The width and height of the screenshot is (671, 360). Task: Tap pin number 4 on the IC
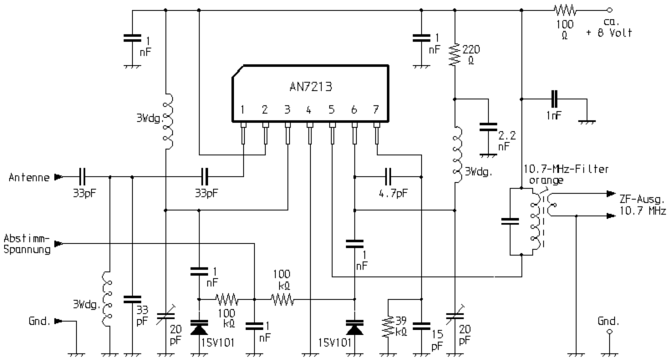tap(309, 109)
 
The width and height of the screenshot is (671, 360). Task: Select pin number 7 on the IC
tap(377, 109)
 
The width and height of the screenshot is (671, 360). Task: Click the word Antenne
tap(28, 177)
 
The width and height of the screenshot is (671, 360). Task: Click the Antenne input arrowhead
tap(58, 177)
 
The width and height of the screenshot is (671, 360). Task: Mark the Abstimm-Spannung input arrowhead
tap(58, 244)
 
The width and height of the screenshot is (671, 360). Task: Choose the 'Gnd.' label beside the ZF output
tap(609, 322)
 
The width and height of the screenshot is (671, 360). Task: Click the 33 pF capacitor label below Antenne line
tap(83, 193)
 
